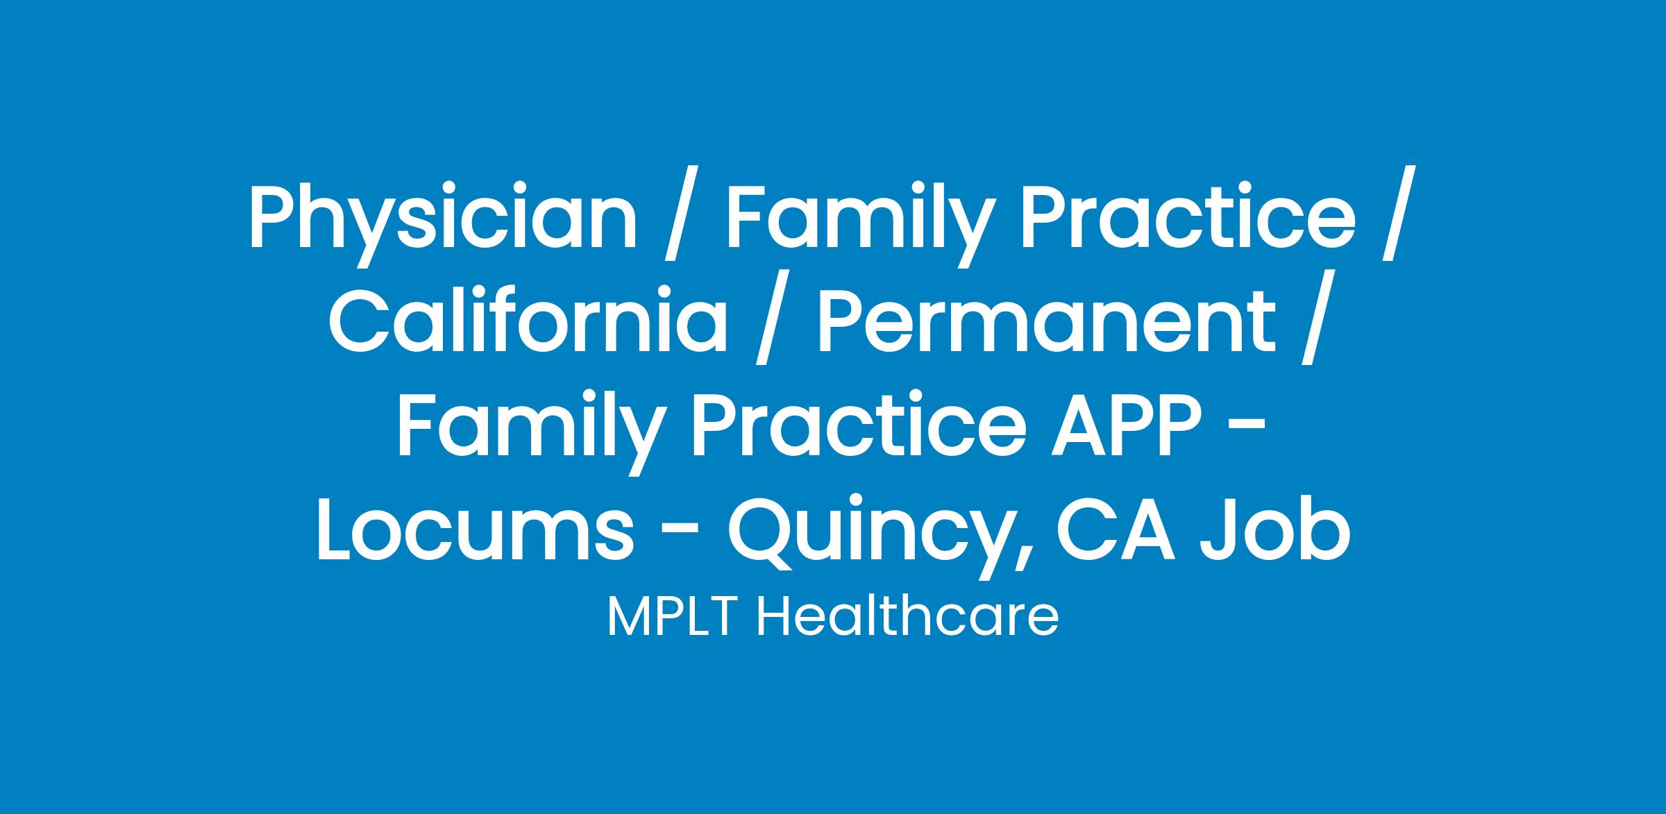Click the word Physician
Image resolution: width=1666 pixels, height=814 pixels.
point(442,217)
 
